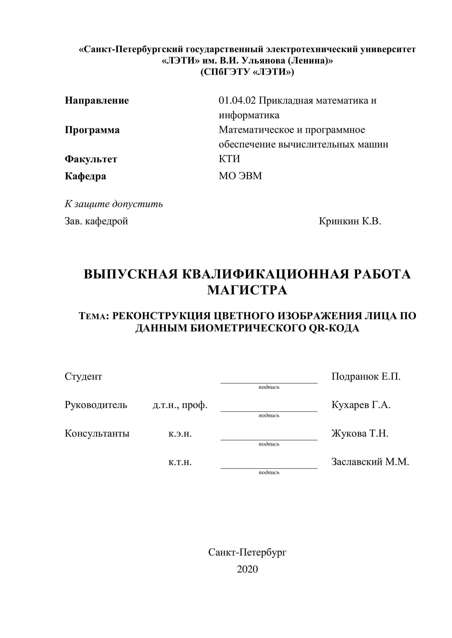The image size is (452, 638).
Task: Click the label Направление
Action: (97, 101)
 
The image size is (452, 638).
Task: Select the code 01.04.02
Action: (237, 101)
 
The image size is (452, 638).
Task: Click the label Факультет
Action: (91, 159)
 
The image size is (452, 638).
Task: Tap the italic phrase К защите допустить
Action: (114, 204)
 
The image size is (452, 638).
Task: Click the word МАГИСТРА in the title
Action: (247, 290)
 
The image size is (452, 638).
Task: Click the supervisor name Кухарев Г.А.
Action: (361, 405)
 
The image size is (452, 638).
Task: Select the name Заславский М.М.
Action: (370, 462)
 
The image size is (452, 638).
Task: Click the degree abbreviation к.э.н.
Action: (180, 434)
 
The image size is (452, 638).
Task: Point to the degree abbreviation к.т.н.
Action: (180, 462)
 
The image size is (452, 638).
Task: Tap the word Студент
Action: (83, 377)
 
